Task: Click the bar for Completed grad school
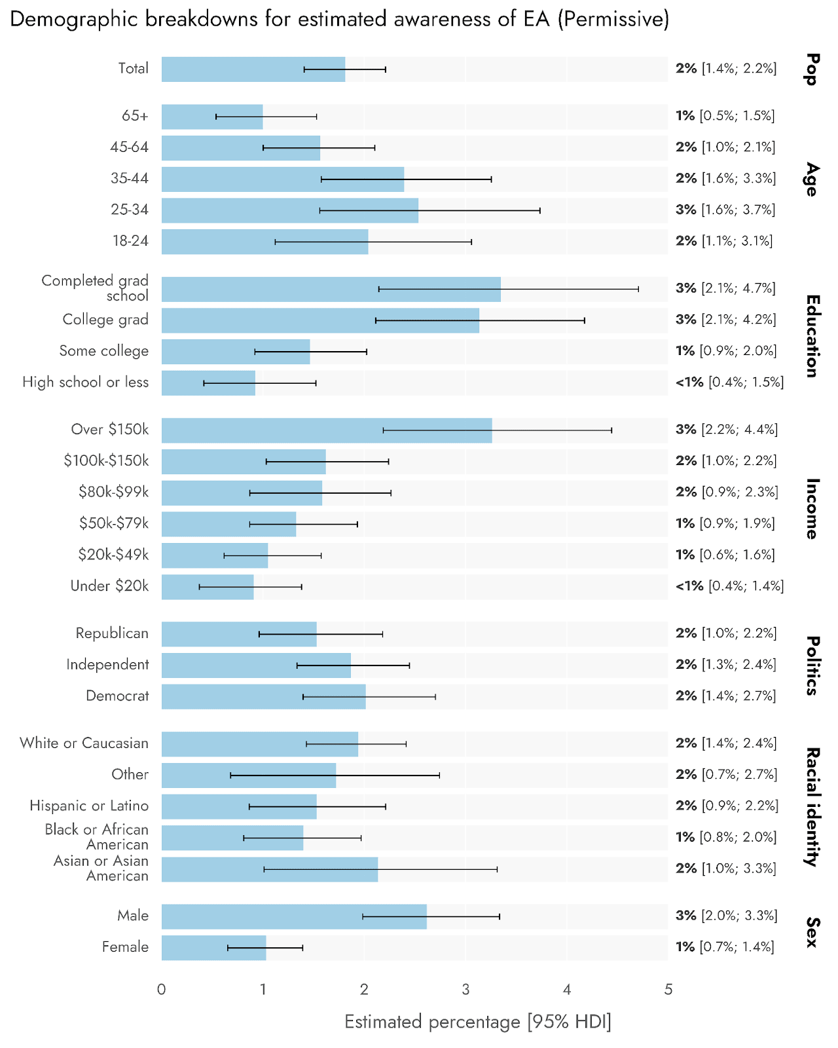331,290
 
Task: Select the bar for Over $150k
326,430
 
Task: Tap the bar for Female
213,948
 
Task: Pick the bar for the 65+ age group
212,117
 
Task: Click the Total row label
133,69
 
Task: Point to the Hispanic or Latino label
89,806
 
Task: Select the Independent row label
107,665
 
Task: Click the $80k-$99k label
113,492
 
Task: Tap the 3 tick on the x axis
465,990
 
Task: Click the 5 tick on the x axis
668,990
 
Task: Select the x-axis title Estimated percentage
477,1022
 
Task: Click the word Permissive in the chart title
613,20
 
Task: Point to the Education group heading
812,336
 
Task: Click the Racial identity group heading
812,807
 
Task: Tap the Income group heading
812,509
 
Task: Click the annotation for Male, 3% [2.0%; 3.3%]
726,916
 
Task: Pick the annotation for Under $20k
729,586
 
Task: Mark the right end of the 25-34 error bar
539,211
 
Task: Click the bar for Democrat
263,697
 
